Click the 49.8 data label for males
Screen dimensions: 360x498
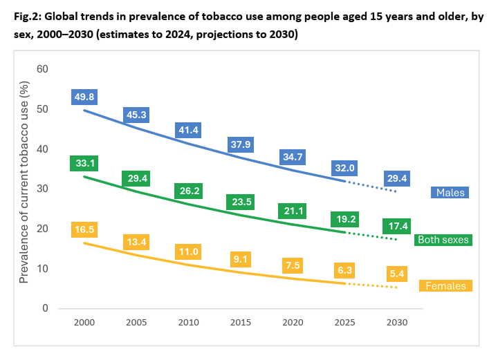84,97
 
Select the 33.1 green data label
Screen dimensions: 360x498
84,164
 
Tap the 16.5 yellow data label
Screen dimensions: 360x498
84,229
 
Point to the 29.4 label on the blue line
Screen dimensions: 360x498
396,179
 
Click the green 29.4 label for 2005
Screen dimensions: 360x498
136,179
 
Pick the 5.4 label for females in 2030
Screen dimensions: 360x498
396,274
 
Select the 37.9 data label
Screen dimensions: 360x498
240,144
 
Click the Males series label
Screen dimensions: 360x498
450,193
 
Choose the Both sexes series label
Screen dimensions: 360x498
443,240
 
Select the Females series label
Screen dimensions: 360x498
445,286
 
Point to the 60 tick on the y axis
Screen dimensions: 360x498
42,69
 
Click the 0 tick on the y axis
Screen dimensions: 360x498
46,308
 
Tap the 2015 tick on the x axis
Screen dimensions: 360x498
240,323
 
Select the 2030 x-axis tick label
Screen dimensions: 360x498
396,323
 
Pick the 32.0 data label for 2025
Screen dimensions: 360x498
344,167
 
